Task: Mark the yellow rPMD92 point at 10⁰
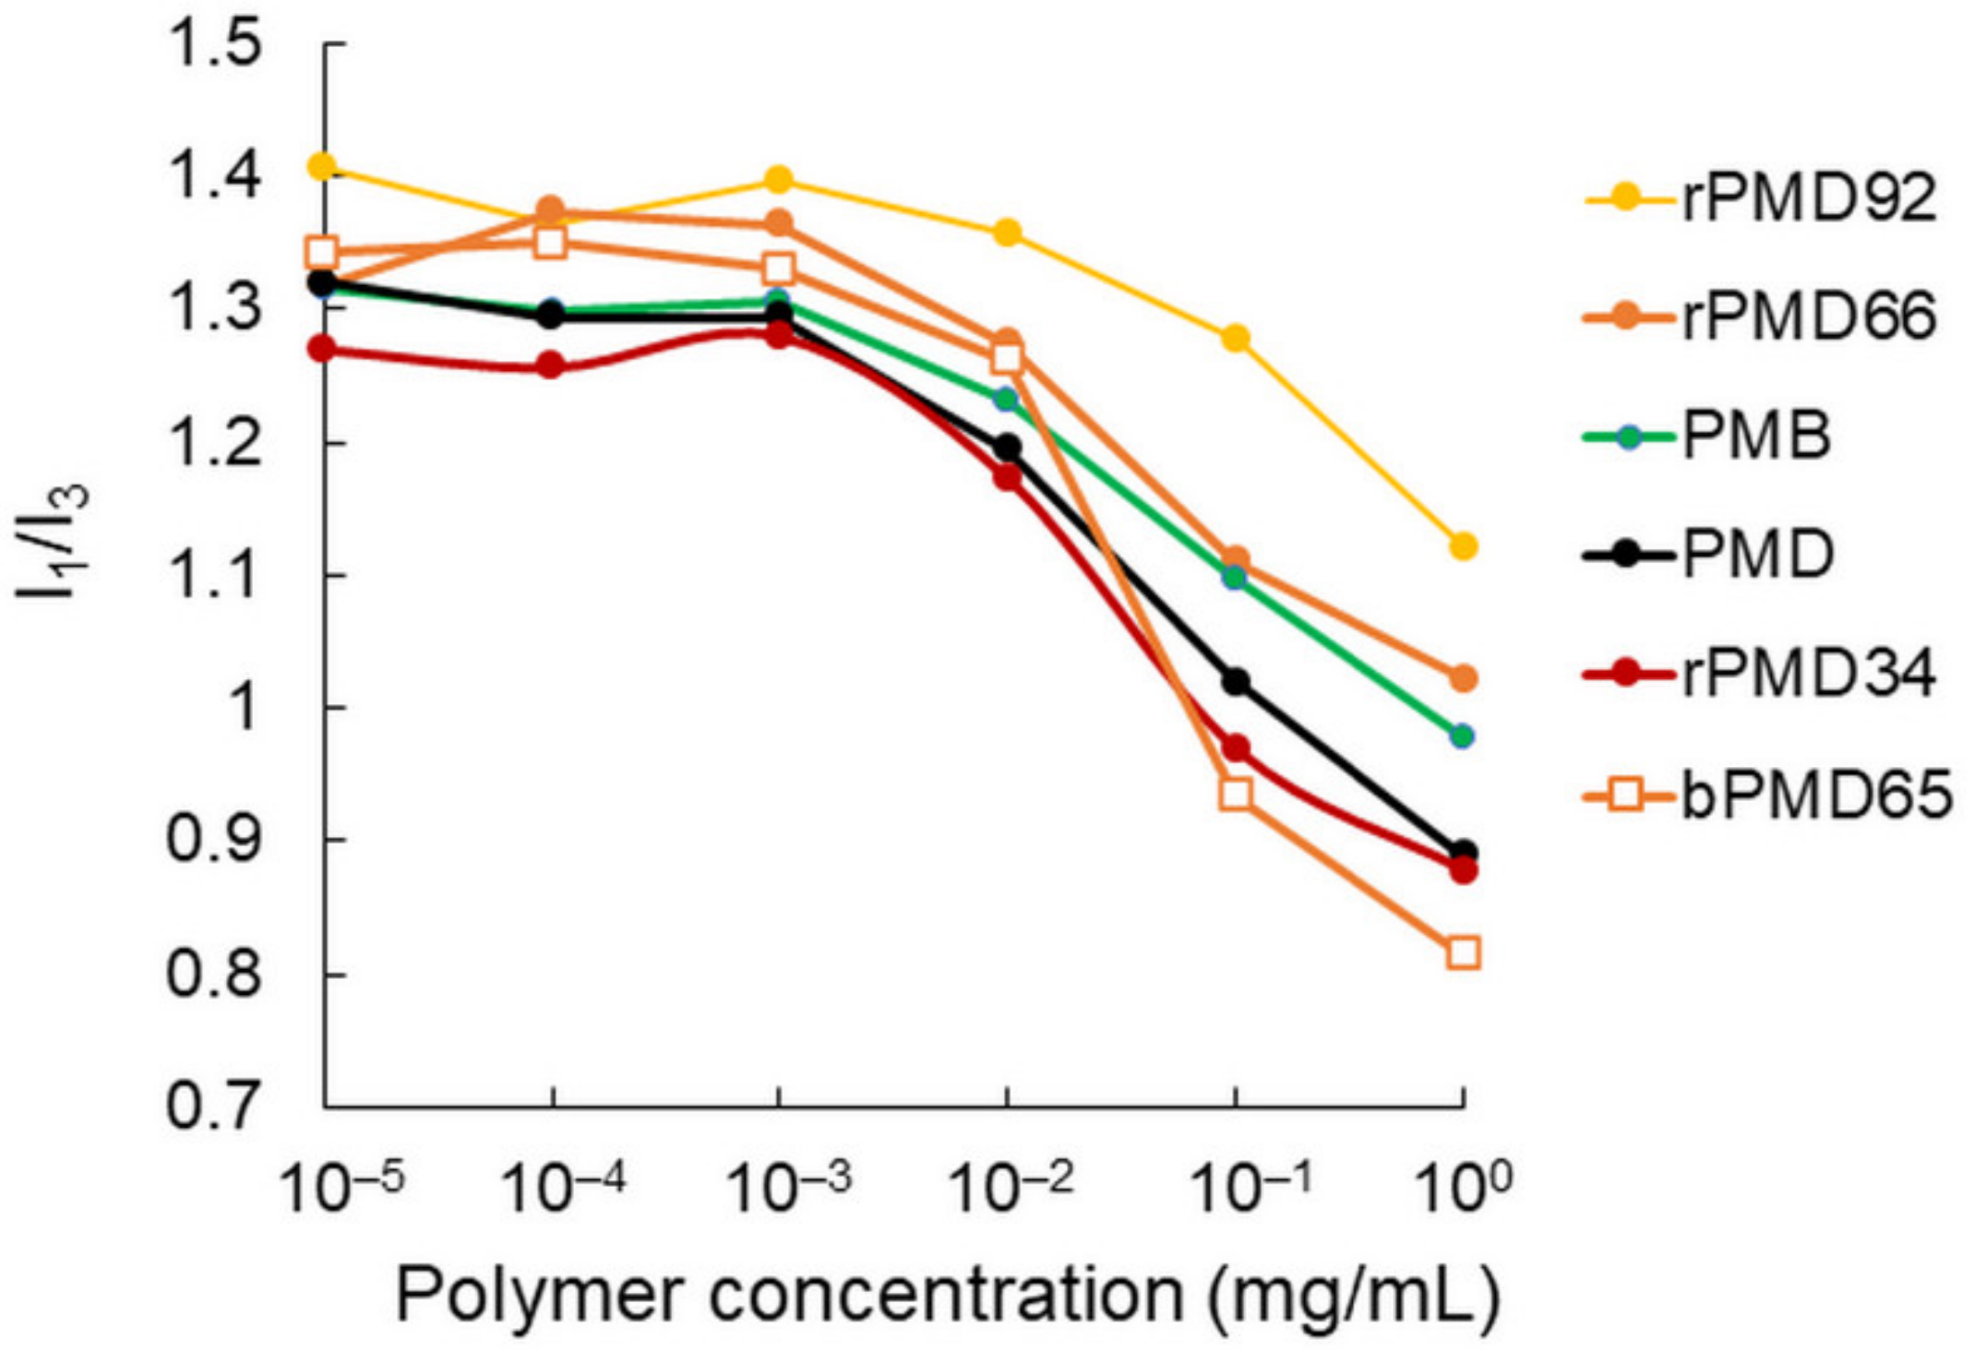pos(1463,546)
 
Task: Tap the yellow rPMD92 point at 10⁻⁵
pos(322,167)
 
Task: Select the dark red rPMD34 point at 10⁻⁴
pos(551,366)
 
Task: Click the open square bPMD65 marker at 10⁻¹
pos(1236,794)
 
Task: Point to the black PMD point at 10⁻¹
pos(1236,683)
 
